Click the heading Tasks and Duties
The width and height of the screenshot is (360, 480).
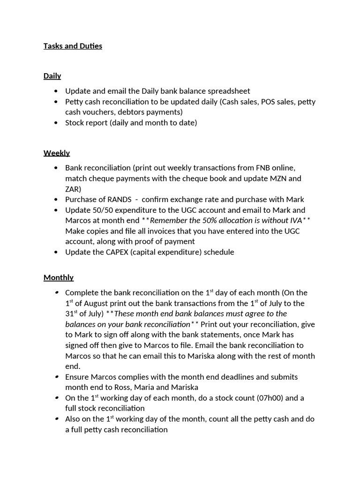(x=73, y=46)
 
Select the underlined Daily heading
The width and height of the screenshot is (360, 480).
(x=52, y=76)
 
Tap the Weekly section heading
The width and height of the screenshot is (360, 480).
(x=57, y=153)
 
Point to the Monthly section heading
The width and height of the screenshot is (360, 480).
(x=59, y=277)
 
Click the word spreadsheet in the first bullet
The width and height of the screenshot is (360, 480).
(x=227, y=91)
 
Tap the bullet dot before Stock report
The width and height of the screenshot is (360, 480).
(x=57, y=123)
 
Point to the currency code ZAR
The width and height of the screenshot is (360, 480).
(x=73, y=189)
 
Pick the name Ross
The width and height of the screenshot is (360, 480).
(x=139, y=387)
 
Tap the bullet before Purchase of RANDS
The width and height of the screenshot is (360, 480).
(x=57, y=200)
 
